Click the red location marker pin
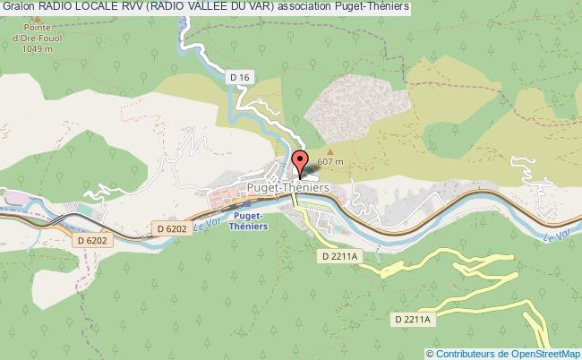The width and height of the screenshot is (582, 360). pyautogui.click(x=299, y=163)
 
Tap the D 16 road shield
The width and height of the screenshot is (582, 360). pyautogui.click(x=239, y=78)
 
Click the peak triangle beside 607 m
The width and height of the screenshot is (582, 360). pyautogui.click(x=330, y=151)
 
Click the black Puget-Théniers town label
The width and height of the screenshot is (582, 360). pyautogui.click(x=287, y=187)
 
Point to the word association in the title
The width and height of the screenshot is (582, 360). pyautogui.click(x=295, y=7)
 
